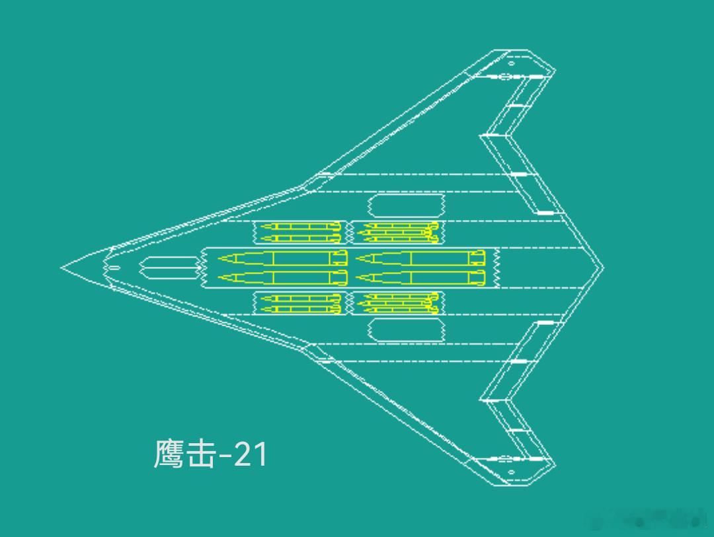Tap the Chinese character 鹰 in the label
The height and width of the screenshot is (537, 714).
point(169,454)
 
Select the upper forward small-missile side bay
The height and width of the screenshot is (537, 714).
point(300,232)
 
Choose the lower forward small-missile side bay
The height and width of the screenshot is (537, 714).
point(300,303)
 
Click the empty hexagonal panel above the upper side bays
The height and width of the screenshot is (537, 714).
point(406,205)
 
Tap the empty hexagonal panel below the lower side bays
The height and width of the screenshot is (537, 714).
point(406,330)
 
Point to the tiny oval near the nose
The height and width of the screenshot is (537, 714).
point(114,268)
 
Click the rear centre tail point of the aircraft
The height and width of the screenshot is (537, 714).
point(602,267)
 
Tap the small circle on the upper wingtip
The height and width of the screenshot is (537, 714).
point(511,63)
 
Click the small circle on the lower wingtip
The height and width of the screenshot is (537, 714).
point(511,472)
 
